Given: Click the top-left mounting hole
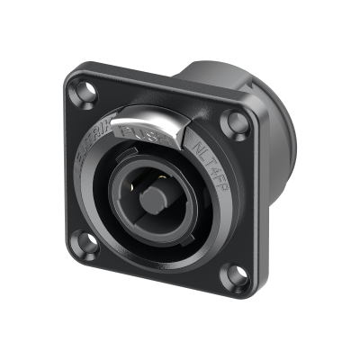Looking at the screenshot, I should (x=85, y=91).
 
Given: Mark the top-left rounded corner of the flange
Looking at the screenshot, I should (x=71, y=76).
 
